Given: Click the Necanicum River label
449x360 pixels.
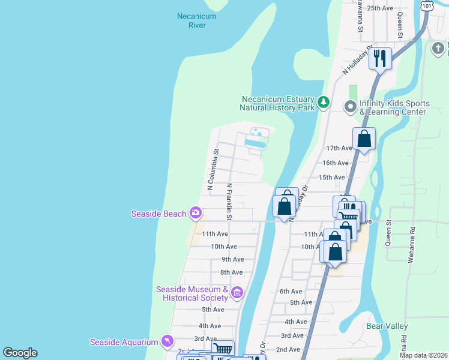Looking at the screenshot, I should [x=196, y=21].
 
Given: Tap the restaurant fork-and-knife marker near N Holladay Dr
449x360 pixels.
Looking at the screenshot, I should [x=380, y=59].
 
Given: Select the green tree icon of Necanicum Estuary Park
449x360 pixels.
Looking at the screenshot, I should [x=324, y=103].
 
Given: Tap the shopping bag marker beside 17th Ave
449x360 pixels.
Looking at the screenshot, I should [x=364, y=139].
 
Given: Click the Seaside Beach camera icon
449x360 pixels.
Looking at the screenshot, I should [x=195, y=213].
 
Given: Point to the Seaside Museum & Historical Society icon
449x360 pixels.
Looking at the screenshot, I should [x=237, y=293].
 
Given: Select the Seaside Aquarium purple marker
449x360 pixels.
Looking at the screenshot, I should [x=167, y=342].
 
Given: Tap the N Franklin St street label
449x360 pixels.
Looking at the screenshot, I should [x=229, y=198].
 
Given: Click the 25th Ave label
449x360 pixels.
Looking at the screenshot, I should [x=379, y=8].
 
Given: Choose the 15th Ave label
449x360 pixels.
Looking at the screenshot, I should [x=331, y=178].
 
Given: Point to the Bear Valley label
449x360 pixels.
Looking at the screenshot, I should [x=387, y=326].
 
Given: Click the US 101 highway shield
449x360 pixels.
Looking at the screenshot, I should [x=427, y=5].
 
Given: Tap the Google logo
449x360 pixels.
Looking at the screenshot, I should [x=20, y=353].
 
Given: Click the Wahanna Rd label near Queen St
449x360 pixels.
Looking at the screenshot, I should [x=412, y=237].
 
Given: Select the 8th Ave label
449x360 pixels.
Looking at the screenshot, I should [x=231, y=272].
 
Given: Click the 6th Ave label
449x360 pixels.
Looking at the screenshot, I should [x=291, y=291].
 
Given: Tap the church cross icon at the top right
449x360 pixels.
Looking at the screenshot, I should [x=439, y=47].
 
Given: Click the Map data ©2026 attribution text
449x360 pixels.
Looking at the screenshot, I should [x=423, y=355].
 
